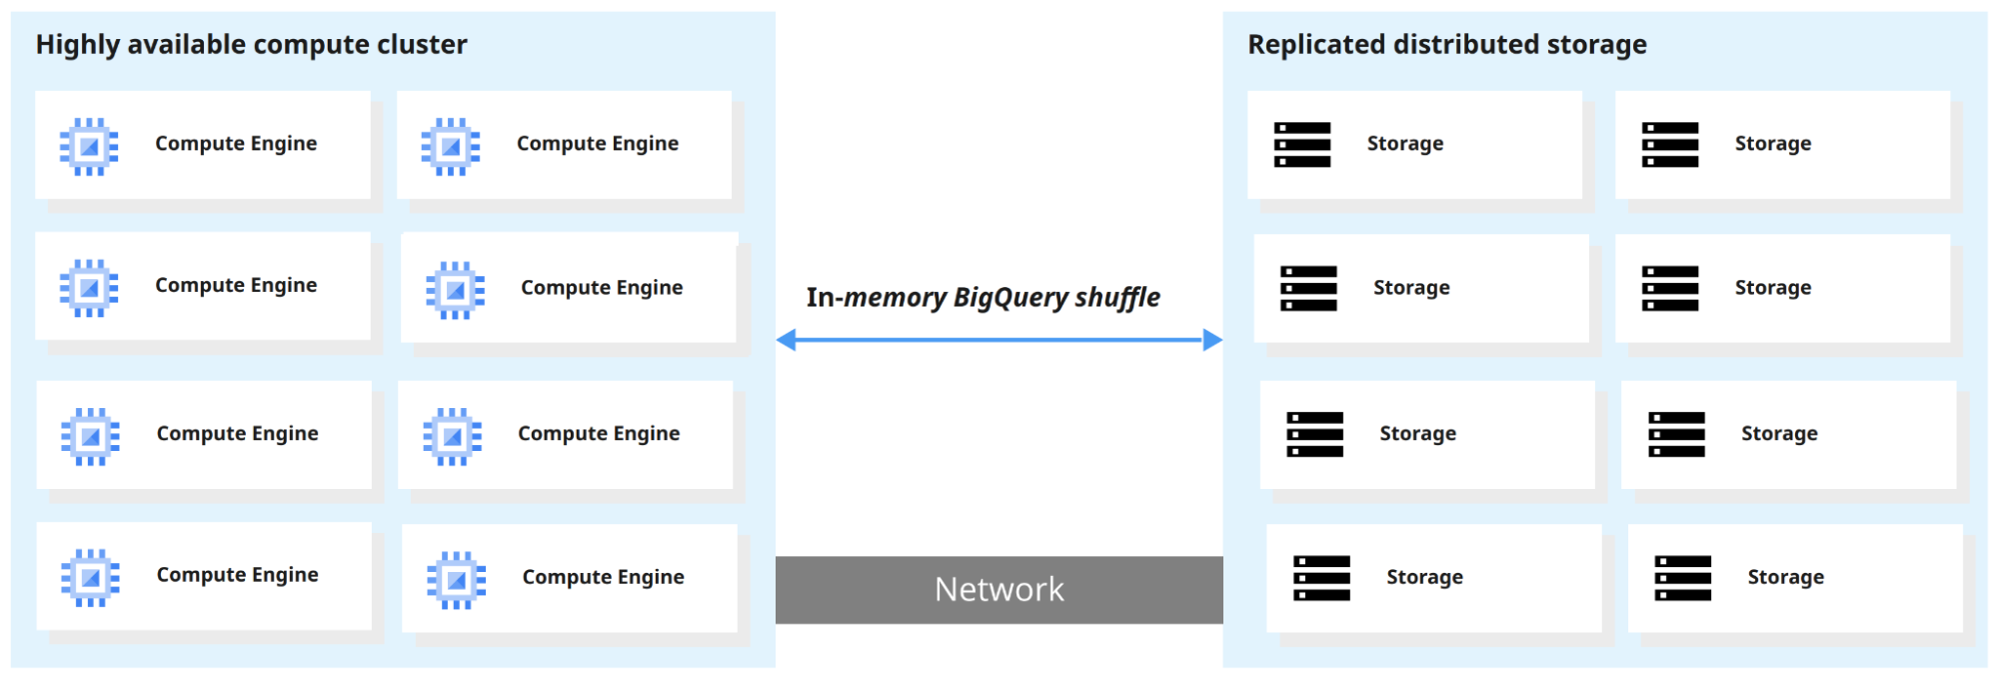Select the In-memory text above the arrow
(x=876, y=298)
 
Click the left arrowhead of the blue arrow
(x=787, y=340)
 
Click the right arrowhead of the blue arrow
(x=1212, y=340)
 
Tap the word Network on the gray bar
(x=999, y=590)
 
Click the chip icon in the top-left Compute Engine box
(x=89, y=147)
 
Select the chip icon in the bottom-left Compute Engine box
(x=90, y=578)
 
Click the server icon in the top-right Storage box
(x=1670, y=145)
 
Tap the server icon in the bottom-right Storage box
(x=1682, y=578)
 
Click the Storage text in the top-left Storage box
(x=1404, y=144)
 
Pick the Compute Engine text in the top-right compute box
(x=597, y=144)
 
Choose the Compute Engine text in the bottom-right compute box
(x=603, y=577)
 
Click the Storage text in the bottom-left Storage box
(x=1424, y=577)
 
